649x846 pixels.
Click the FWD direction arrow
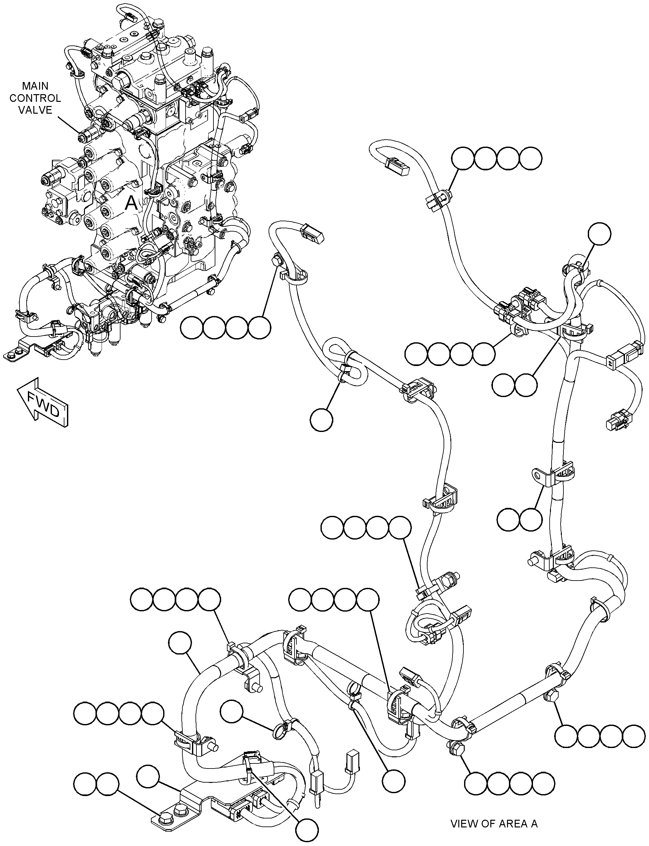[x=43, y=402]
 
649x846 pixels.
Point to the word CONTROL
[x=35, y=98]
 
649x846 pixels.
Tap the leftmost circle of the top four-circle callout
[x=463, y=158]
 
